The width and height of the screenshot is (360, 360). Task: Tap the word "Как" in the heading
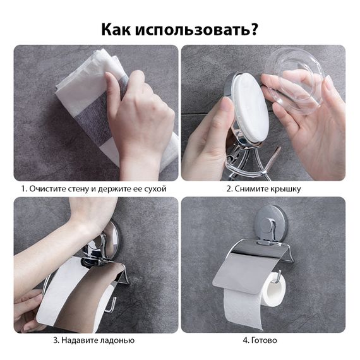click(x=119, y=29)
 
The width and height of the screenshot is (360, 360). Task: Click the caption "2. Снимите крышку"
click(x=263, y=189)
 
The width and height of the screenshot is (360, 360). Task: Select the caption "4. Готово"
click(x=260, y=340)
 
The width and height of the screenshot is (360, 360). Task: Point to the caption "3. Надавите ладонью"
click(x=93, y=340)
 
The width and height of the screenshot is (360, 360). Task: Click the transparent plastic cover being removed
click(x=297, y=82)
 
